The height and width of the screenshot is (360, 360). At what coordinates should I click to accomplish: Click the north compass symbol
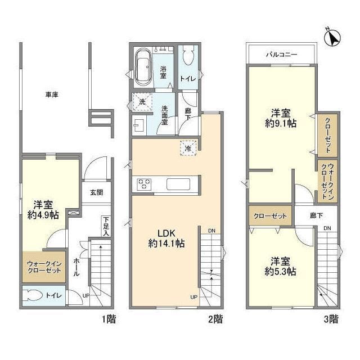tap(332, 37)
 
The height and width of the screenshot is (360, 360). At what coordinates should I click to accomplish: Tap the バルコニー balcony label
tap(281, 55)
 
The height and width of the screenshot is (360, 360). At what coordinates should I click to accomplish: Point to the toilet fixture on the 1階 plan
tap(33, 295)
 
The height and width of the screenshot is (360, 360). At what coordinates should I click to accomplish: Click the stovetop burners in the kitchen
tap(144, 184)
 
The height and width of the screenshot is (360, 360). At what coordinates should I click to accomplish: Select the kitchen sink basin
tap(178, 184)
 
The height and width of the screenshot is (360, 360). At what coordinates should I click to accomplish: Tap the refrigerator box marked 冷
tap(188, 148)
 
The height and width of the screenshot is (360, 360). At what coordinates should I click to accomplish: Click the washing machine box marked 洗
tap(142, 101)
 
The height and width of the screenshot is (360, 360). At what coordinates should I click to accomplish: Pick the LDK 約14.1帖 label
tap(166, 238)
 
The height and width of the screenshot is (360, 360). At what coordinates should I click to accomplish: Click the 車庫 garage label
tap(52, 94)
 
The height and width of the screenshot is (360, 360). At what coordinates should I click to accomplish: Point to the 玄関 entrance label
tap(96, 192)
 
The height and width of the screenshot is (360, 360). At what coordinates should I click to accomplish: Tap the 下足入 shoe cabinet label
tap(106, 226)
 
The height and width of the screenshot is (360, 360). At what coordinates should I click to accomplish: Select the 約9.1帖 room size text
tap(281, 124)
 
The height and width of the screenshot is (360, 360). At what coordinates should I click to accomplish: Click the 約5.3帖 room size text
tap(280, 272)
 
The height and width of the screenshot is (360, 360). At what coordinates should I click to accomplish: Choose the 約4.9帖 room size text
tap(43, 215)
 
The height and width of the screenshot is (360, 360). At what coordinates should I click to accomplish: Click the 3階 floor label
tap(331, 319)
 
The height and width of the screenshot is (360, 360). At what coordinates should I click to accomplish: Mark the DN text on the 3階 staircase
tap(327, 228)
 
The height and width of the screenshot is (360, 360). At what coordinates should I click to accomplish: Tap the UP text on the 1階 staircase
tap(86, 296)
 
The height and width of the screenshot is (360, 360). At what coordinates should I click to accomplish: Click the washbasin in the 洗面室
tap(139, 125)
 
